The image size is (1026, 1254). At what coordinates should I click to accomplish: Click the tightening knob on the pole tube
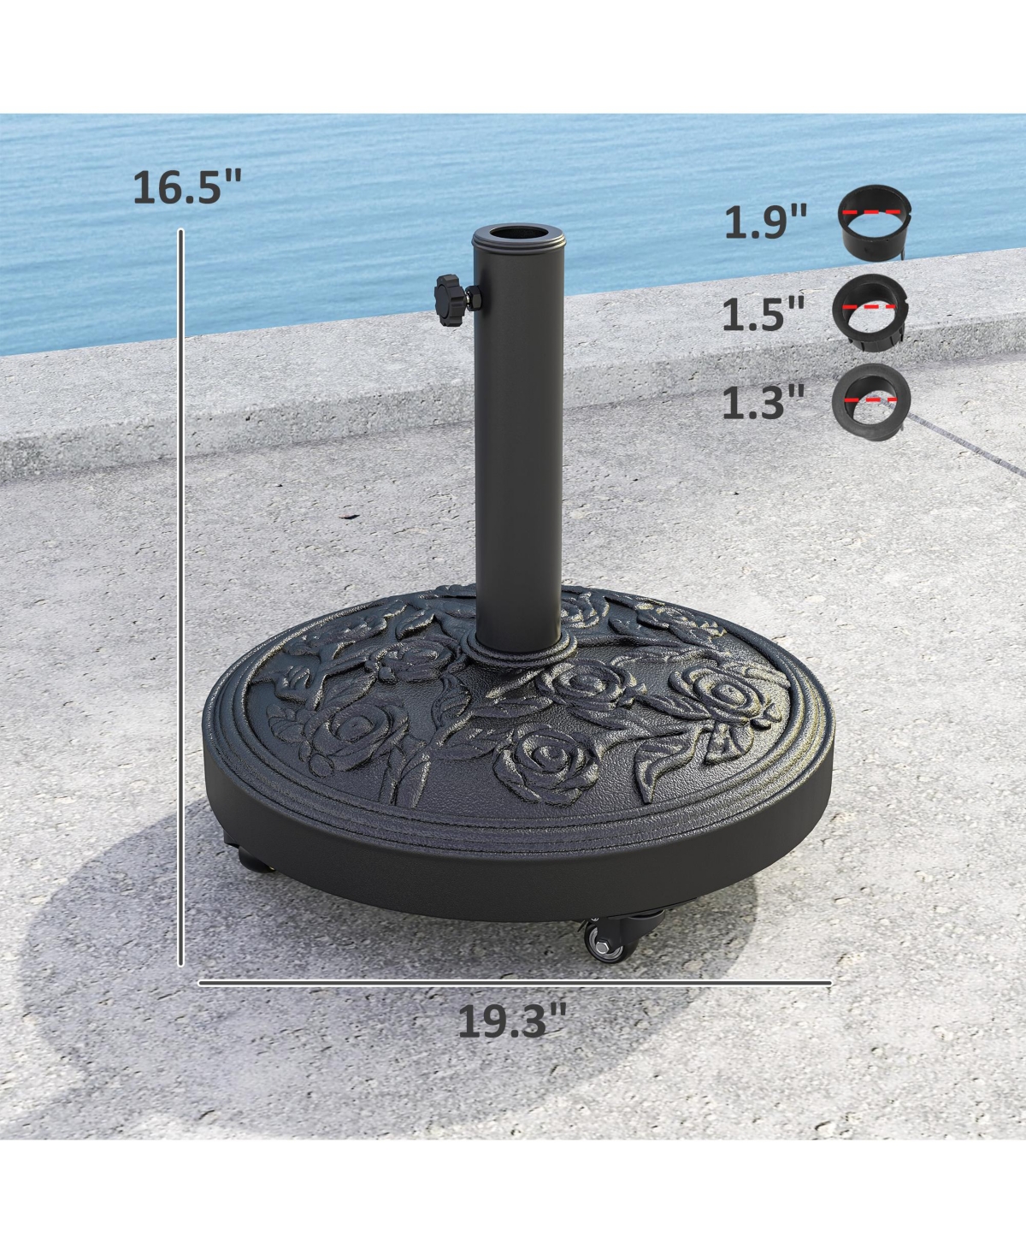[452, 299]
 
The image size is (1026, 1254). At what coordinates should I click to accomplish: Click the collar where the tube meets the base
[518, 648]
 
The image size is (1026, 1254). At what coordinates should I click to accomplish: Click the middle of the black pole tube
[518, 445]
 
